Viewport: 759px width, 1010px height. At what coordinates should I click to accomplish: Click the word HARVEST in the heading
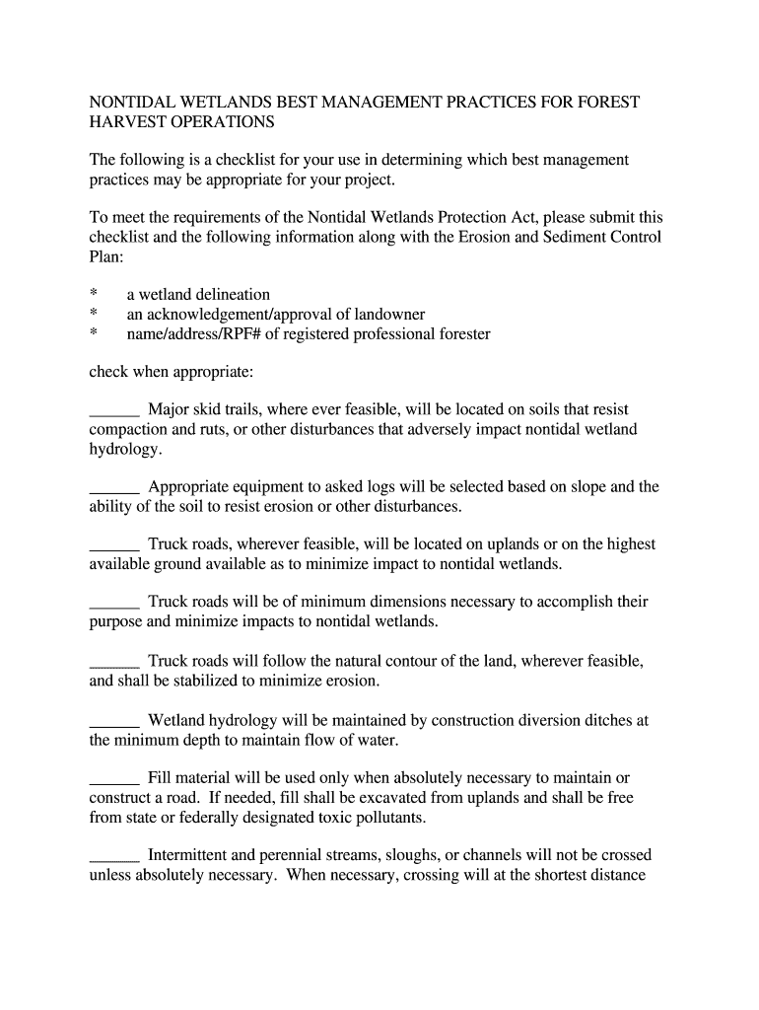[126, 122]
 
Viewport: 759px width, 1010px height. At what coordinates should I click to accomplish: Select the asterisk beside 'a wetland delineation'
[94, 295]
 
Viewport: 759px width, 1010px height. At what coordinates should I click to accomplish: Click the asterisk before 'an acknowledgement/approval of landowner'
[94, 315]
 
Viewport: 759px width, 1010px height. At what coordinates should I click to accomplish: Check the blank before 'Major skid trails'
[114, 410]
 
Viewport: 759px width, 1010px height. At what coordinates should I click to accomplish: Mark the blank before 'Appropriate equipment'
[114, 487]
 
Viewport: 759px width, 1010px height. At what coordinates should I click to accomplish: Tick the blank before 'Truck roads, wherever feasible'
[114, 544]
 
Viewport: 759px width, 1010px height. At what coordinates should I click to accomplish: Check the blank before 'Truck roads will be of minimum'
[114, 602]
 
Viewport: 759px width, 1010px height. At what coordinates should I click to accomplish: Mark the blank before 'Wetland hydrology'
[114, 721]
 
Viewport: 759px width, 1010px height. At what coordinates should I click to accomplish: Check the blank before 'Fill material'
[114, 778]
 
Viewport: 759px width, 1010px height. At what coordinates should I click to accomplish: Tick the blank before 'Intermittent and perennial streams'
[114, 855]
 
